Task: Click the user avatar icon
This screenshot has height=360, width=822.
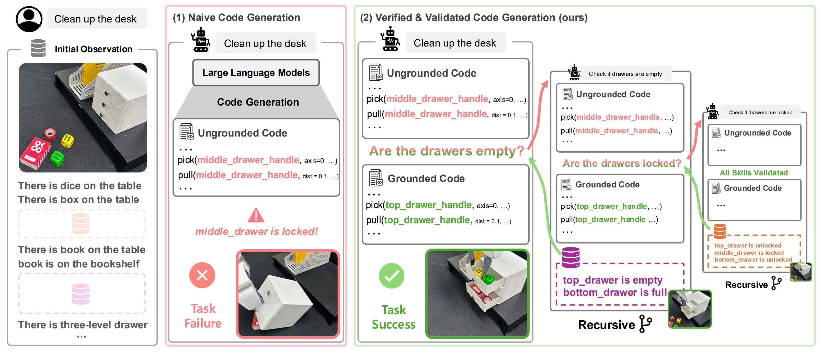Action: pyautogui.click(x=29, y=19)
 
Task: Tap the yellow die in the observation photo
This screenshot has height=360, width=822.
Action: pyautogui.click(x=67, y=141)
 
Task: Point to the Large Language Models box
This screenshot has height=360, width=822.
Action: pyautogui.click(x=256, y=73)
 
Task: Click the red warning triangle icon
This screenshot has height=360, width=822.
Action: pyautogui.click(x=256, y=216)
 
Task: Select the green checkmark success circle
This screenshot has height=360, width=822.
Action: pyautogui.click(x=392, y=276)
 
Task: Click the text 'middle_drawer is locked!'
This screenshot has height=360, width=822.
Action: pyautogui.click(x=256, y=231)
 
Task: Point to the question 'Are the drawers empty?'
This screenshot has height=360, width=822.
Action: pyautogui.click(x=447, y=151)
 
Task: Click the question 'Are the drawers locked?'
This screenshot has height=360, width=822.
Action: pyautogui.click(x=622, y=163)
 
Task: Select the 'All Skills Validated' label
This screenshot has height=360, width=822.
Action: pyautogui.click(x=754, y=173)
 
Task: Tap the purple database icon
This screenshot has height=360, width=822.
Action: pyautogui.click(x=570, y=257)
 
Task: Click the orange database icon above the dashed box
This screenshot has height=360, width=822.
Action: pyautogui.click(x=720, y=231)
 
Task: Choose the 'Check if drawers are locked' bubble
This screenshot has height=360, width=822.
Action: pyautogui.click(x=760, y=112)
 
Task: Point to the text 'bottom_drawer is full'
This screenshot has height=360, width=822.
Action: pyautogui.click(x=615, y=292)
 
